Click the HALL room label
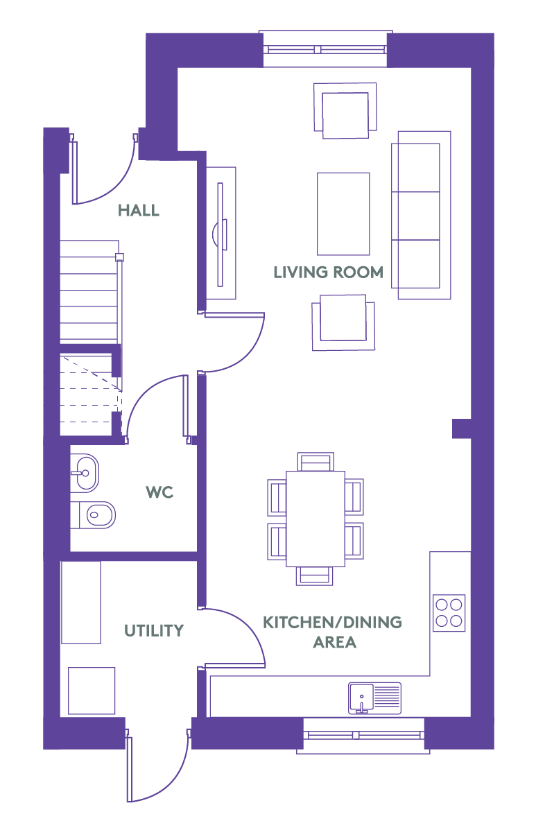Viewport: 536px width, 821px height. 138,211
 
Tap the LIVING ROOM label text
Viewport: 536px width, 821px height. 329,273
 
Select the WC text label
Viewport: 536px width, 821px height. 159,492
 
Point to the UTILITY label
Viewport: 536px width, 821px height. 154,630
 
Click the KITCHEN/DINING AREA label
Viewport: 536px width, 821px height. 333,632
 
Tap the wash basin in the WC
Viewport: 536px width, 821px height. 84,474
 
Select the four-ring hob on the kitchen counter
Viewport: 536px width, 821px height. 449,612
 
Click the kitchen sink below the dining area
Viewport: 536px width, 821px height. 374,698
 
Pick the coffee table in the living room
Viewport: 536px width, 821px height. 343,214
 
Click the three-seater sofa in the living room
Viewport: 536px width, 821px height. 421,215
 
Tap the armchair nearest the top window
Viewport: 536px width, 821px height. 345,110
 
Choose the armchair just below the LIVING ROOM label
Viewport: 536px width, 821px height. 343,322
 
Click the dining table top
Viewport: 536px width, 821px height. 315,519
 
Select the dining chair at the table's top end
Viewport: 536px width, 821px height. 315,462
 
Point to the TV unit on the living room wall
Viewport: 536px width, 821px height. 221,233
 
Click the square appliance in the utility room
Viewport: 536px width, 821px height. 92,691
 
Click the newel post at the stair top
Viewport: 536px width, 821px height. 119,257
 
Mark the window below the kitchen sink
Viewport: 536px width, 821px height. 363,735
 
